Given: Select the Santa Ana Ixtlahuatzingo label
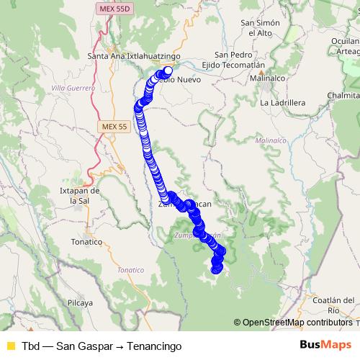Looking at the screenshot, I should [133, 55].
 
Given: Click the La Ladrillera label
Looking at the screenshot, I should [283, 103].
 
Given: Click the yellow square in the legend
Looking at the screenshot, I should [10, 346].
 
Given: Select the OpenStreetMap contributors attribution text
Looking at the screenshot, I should [297, 323].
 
